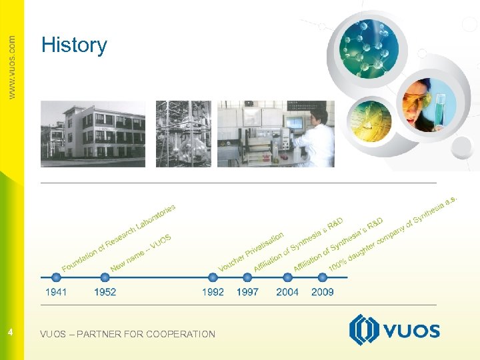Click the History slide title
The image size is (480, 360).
pyautogui.click(x=74, y=45)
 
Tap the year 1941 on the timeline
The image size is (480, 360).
pyautogui.click(x=56, y=292)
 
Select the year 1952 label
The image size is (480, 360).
pyautogui.click(x=105, y=292)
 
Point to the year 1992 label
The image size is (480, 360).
pyautogui.click(x=213, y=292)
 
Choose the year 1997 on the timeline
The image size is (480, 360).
pyautogui.click(x=247, y=292)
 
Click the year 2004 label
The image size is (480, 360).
pyautogui.click(x=287, y=292)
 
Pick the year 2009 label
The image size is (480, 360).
pyautogui.click(x=323, y=292)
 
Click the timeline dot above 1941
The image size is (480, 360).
pyautogui.click(x=56, y=277)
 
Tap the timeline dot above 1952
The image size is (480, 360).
pyautogui.click(x=105, y=277)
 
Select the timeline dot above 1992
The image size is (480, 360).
pyautogui.click(x=213, y=277)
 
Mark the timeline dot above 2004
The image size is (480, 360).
pyautogui.click(x=287, y=277)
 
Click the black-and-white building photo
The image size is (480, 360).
pyautogui.click(x=93, y=133)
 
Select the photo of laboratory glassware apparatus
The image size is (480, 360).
pyautogui.click(x=183, y=133)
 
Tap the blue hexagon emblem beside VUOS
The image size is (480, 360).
pyautogui.click(x=363, y=330)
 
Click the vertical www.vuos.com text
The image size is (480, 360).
pyautogui.click(x=11, y=67)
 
